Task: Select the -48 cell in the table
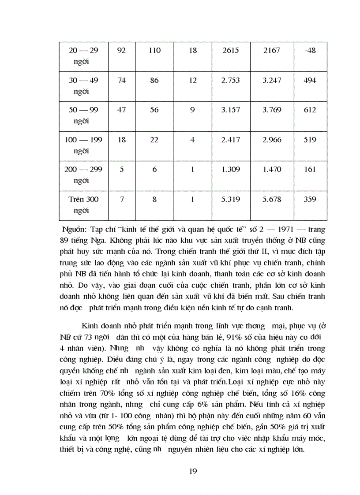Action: (x=310, y=51)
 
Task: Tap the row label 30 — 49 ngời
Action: (x=83, y=86)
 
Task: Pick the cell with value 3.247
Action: (x=271, y=81)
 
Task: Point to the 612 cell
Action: (x=310, y=110)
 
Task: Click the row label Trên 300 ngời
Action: (x=83, y=205)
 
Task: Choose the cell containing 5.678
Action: (x=271, y=199)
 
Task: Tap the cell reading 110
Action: (x=154, y=51)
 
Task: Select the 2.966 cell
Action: (x=271, y=140)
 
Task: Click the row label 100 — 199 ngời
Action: (x=83, y=145)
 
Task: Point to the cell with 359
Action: (x=310, y=199)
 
